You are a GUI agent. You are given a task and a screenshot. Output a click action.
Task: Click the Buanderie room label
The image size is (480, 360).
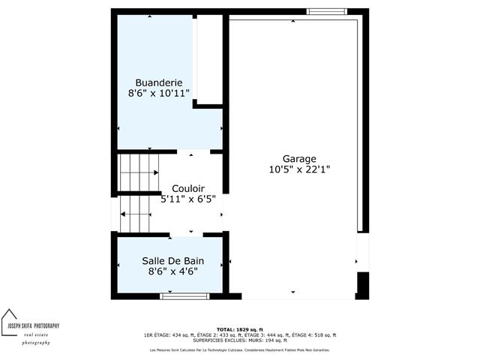[x=159, y=82]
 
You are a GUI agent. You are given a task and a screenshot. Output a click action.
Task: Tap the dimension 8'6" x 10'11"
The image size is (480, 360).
[x=159, y=93]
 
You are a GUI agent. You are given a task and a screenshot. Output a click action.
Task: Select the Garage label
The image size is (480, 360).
[x=299, y=159]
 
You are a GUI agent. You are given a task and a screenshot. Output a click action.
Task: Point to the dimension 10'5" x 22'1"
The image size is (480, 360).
[x=299, y=169]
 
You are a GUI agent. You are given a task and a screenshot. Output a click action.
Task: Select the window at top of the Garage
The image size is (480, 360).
[x=327, y=11]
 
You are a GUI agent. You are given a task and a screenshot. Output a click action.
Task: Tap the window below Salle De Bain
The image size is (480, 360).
[x=184, y=296]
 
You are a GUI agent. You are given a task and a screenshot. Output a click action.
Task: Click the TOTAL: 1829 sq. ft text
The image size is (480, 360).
[x=239, y=330]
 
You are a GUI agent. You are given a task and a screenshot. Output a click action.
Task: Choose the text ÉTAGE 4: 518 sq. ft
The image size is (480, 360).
[x=316, y=335]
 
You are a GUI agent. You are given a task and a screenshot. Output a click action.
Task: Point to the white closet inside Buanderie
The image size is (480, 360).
[x=208, y=60]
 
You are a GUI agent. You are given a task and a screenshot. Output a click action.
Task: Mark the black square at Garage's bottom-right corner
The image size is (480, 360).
[x=363, y=285]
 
